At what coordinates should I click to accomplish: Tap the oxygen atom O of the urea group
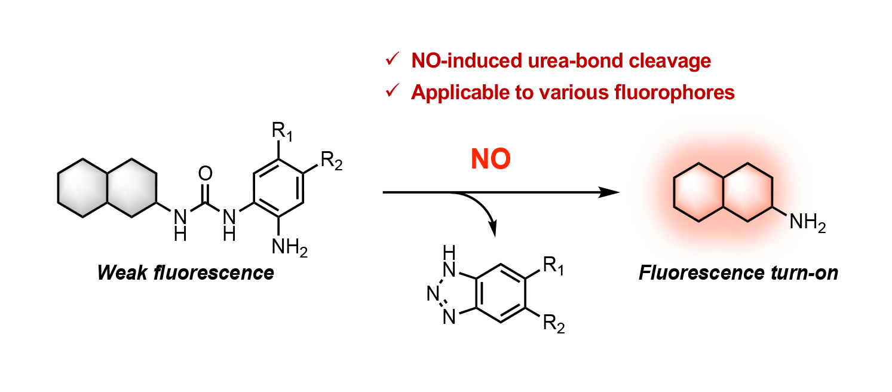(x=204, y=174)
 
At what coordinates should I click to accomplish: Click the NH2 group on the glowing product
(x=807, y=224)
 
